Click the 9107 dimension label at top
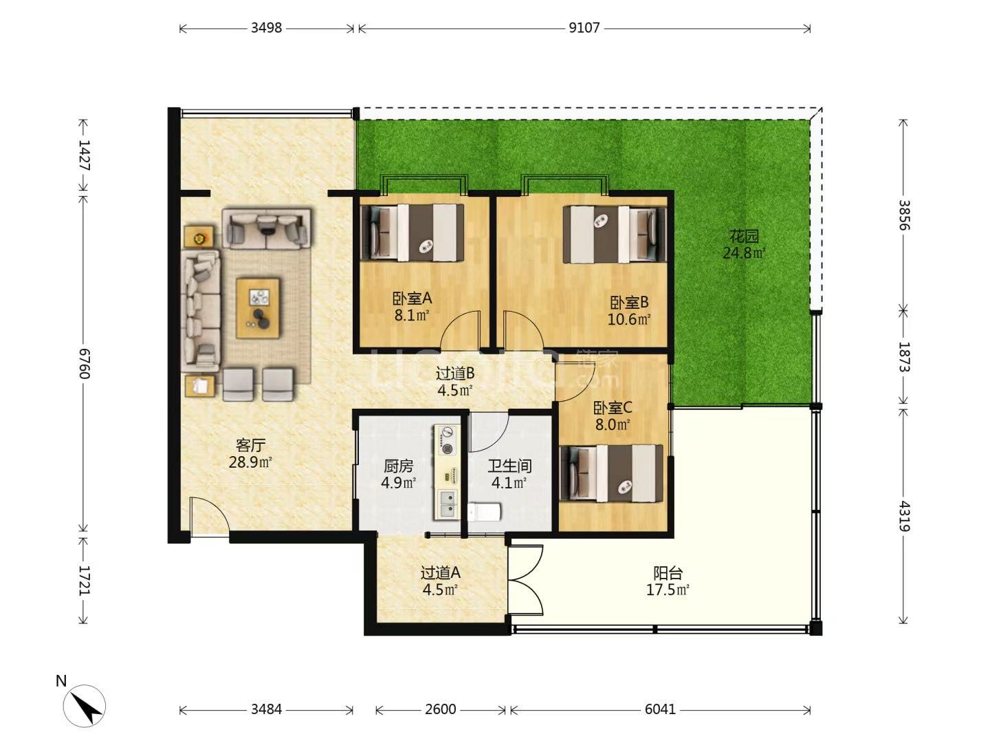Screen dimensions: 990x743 pyautogui.click(x=584, y=28)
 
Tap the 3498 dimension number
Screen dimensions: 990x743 pyautogui.click(x=266, y=28)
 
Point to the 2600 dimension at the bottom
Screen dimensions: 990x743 pyautogui.click(x=440, y=709)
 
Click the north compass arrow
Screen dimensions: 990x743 pyautogui.click(x=85, y=707)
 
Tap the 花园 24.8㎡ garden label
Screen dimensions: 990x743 pyautogui.click(x=744, y=244)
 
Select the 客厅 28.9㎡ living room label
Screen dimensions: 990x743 pyautogui.click(x=250, y=453)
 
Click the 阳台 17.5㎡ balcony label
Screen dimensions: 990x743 pyautogui.click(x=668, y=581)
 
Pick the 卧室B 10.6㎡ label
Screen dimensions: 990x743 pyautogui.click(x=629, y=310)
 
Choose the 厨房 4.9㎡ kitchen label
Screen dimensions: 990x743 pyautogui.click(x=398, y=474)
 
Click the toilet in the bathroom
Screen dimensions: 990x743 pyautogui.click(x=485, y=512)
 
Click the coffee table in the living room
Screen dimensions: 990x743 pyautogui.click(x=258, y=308)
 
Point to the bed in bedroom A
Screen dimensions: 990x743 pyautogui.click(x=412, y=233)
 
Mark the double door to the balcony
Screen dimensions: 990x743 pyautogui.click(x=526, y=580)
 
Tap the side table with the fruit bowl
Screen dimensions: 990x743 pyautogui.click(x=199, y=237)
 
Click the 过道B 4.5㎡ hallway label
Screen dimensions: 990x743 pyautogui.click(x=454, y=381)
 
